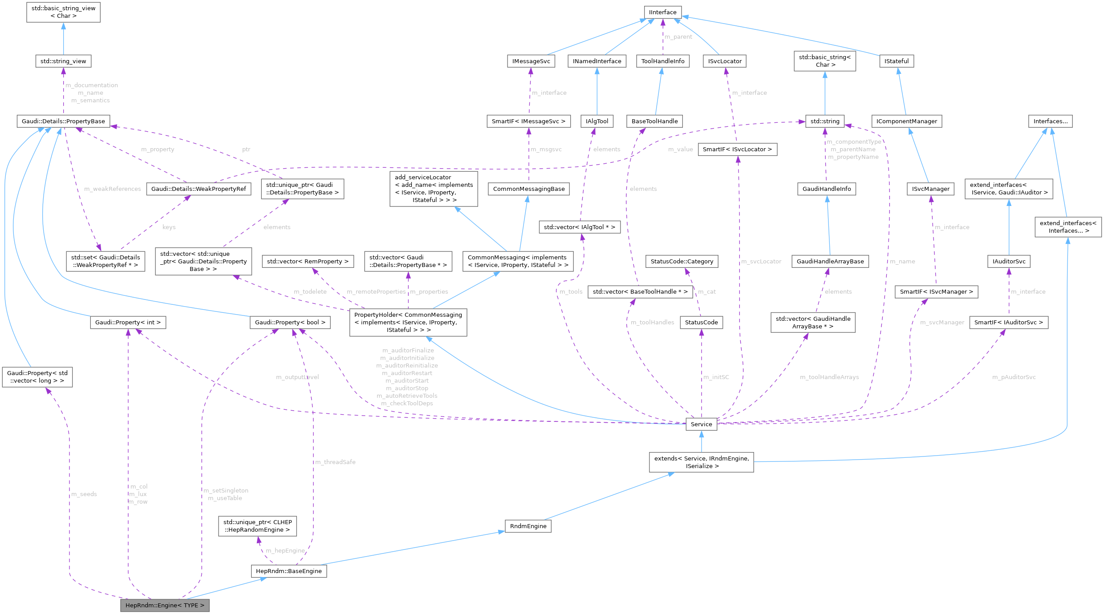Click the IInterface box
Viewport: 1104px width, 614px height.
[662, 12]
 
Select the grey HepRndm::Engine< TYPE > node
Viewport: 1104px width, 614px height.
[165, 605]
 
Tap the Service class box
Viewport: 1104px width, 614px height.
[701, 424]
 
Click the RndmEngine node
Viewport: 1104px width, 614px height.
[528, 526]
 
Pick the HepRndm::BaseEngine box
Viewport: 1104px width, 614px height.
[288, 571]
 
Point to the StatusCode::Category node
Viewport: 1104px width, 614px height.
[682, 261]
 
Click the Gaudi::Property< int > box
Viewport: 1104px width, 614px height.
[128, 322]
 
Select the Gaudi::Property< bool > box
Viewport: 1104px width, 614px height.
[290, 322]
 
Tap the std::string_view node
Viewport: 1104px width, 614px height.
[63, 61]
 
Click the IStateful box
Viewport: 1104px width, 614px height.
[896, 61]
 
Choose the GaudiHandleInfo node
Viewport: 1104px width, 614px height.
[826, 189]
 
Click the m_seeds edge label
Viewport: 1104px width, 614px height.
[84, 494]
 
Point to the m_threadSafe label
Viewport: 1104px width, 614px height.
[335, 462]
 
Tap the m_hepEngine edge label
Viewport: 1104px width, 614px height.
[285, 550]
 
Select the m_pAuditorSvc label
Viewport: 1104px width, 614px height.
[1014, 377]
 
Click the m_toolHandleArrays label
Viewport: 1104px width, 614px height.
[829, 377]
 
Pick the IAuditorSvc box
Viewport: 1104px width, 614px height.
[1008, 261]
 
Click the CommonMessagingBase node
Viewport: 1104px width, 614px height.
[528, 189]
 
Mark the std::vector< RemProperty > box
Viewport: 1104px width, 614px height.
[308, 261]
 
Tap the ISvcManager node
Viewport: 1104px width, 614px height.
[930, 189]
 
